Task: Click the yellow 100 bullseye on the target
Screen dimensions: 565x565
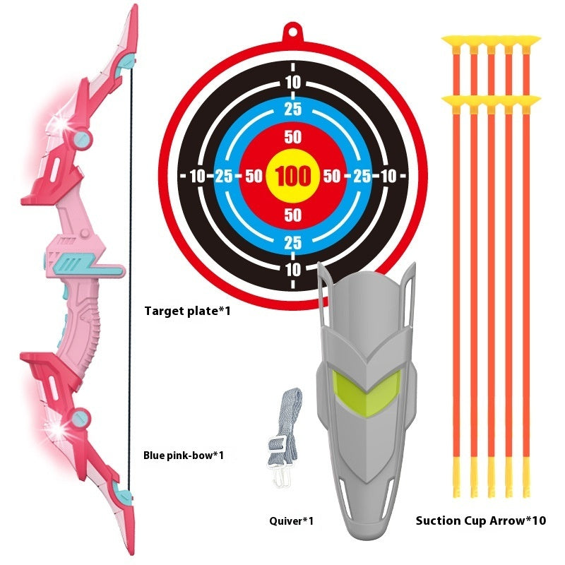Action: (x=292, y=176)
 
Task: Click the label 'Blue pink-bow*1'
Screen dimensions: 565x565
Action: (x=184, y=455)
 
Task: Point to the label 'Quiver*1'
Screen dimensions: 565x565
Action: (x=291, y=521)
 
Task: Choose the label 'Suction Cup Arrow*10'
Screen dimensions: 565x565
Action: (x=481, y=521)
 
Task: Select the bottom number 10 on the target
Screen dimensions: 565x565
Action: (x=292, y=269)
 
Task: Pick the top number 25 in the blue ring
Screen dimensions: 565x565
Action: (x=292, y=109)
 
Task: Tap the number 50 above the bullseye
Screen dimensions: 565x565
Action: (x=292, y=136)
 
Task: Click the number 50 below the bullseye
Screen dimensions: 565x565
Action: (x=292, y=215)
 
